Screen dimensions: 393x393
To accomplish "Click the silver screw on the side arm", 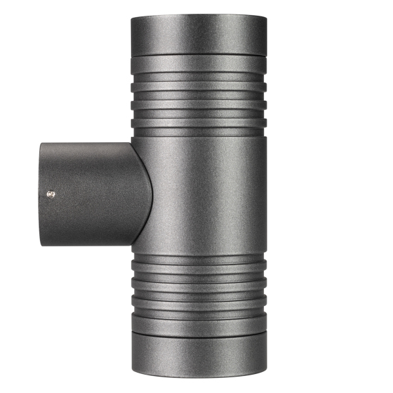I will [51, 193].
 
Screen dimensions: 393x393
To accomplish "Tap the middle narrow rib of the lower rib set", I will [198, 285].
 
